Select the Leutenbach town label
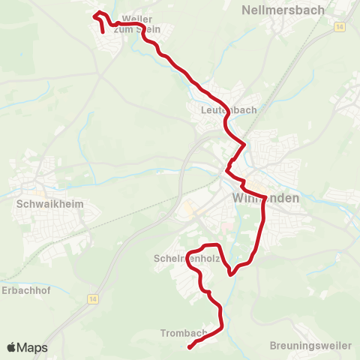point(229,109)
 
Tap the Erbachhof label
point(25,290)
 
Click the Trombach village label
point(184,332)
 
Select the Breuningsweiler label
point(310,346)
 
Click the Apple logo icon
point(12,347)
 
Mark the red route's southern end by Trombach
point(189,346)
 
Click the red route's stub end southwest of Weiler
point(103,33)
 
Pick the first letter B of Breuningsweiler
point(272,346)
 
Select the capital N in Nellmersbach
point(247,10)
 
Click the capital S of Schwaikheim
point(19,202)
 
